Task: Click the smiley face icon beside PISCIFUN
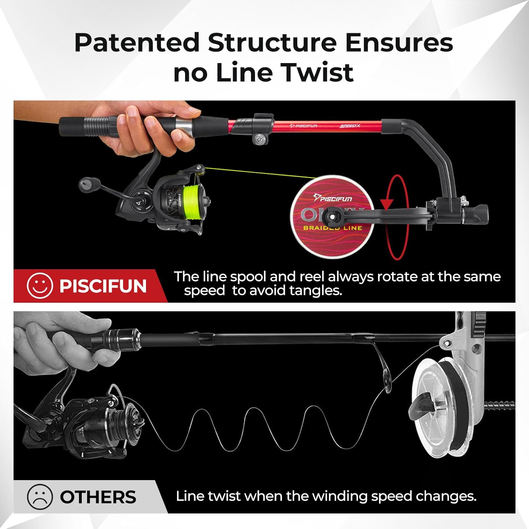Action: pos(40,286)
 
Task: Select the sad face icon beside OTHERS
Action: pos(40,497)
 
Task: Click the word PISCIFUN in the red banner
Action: pos(103,286)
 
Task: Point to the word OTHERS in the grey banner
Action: pos(98,497)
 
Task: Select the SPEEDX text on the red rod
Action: pos(350,126)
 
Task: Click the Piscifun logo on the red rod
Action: pos(303,126)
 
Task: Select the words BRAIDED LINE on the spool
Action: pos(333,228)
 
